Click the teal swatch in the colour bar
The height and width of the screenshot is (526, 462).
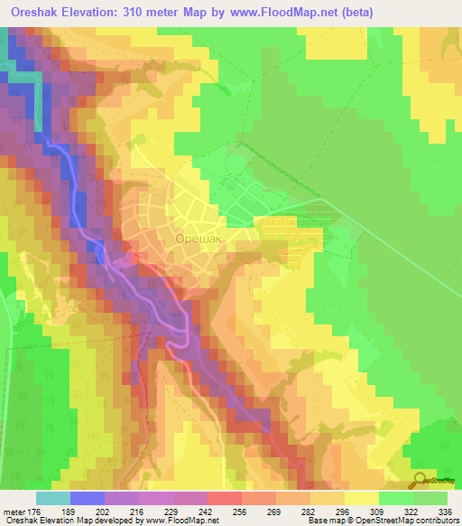pos(53,499)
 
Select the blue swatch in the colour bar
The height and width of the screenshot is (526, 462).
pos(88,499)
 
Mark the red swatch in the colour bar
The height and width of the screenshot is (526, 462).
pos(225,499)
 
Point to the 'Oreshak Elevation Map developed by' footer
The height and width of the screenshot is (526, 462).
pos(69,520)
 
